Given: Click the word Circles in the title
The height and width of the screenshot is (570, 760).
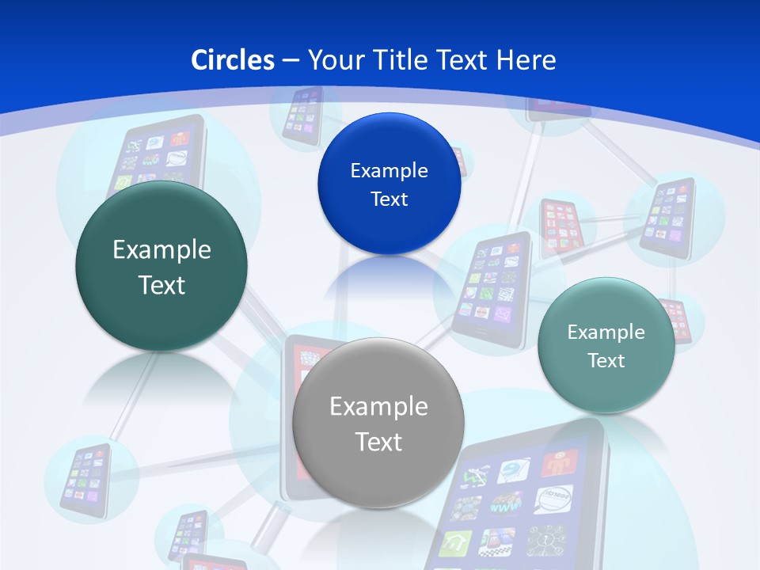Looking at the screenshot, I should click(x=233, y=60).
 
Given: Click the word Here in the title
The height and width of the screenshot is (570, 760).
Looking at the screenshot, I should click(x=526, y=60).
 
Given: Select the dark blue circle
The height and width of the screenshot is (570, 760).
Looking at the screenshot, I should click(x=389, y=184).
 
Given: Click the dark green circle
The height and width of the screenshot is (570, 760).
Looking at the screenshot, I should click(x=161, y=266).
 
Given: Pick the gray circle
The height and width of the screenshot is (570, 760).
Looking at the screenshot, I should click(x=378, y=424).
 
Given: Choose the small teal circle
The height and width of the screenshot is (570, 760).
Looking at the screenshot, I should click(x=606, y=345).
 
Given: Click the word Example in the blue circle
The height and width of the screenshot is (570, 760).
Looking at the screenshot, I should click(x=389, y=170).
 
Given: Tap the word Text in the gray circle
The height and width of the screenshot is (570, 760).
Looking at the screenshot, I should click(x=378, y=442).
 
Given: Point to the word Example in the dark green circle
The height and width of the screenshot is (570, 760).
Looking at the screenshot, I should click(x=161, y=249).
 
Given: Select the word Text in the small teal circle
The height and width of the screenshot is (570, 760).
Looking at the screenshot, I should click(x=606, y=361).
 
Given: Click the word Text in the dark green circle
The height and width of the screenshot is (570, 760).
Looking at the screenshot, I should click(x=161, y=285).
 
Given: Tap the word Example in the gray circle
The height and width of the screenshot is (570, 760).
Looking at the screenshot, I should click(x=378, y=406).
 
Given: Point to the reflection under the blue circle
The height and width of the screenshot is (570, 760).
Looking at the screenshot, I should click(x=389, y=277).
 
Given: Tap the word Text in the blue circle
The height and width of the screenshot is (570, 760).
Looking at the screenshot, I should click(x=389, y=199).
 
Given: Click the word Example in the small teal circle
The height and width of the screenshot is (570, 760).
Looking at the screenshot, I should click(x=606, y=332).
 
